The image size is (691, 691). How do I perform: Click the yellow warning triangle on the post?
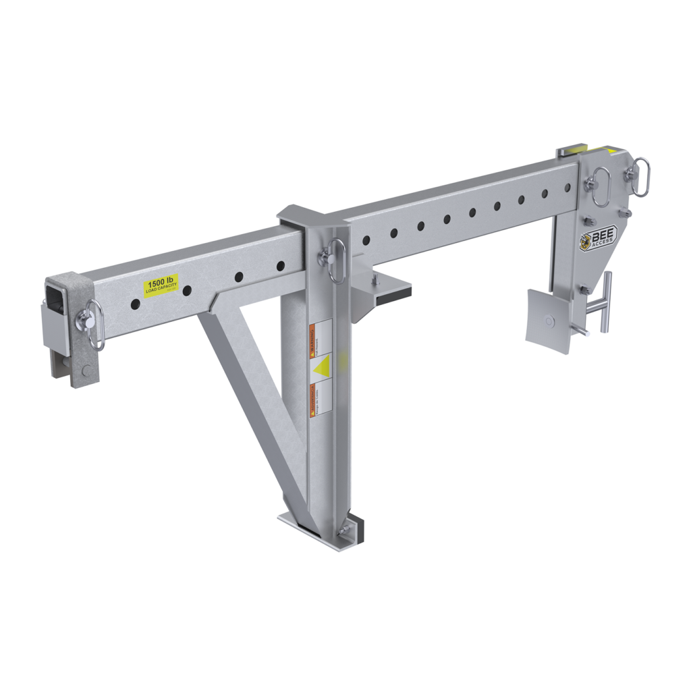321,366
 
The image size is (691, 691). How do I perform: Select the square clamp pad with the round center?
547,321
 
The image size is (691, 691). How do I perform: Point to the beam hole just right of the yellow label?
187,291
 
